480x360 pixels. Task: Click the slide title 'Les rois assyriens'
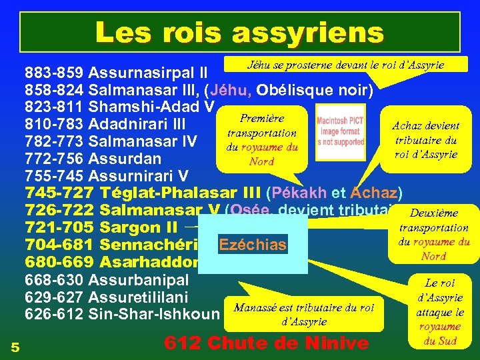coord(239,31)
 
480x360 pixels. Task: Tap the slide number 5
coord(15,345)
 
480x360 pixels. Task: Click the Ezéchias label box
coord(252,245)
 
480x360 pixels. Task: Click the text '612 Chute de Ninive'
coord(266,343)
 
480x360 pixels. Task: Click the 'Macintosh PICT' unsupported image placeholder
coord(340,132)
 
